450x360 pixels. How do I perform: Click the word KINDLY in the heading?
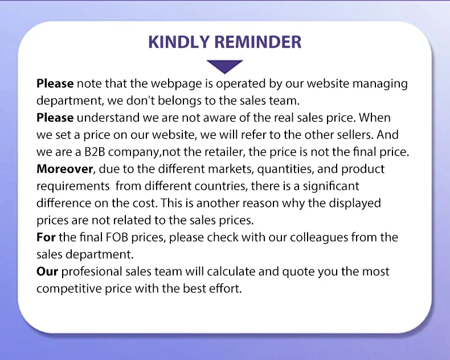[179, 42]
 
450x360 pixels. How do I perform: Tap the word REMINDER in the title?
[258, 42]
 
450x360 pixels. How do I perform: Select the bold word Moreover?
[64, 169]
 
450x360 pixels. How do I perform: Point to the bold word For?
[46, 238]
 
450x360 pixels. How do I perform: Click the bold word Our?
[47, 272]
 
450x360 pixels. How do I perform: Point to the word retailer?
[221, 152]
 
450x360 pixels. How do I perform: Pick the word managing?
[380, 84]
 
